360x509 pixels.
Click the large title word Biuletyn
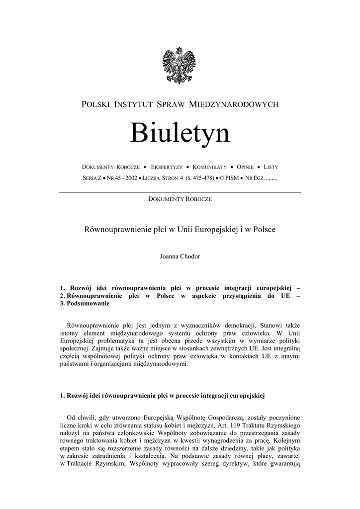[x=180, y=133]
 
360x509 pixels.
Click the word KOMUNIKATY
[x=209, y=168]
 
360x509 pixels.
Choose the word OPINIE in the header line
[x=247, y=168]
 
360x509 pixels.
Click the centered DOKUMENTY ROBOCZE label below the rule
[x=180, y=199]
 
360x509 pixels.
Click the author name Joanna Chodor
[x=180, y=256]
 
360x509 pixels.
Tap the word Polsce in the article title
[x=264, y=230]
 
